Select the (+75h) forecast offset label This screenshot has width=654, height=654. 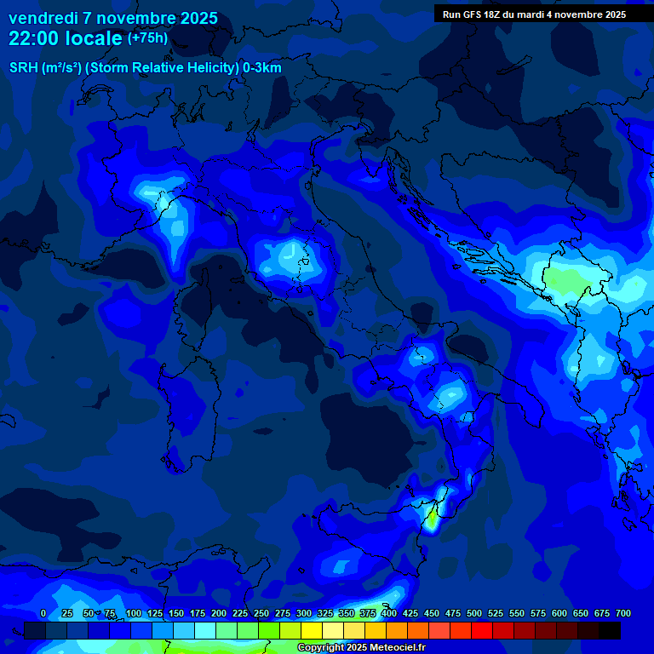[147, 38]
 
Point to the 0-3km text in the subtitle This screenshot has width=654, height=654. [262, 68]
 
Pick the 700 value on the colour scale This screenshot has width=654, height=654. [622, 613]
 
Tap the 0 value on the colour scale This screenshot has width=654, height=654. [43, 613]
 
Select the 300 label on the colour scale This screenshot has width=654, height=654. [304, 613]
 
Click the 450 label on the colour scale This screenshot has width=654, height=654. [432, 613]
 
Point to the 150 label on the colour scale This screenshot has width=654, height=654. [176, 613]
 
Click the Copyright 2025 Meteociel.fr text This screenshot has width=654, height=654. [360, 648]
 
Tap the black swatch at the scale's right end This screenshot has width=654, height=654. [610, 630]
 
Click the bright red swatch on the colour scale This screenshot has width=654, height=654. [482, 630]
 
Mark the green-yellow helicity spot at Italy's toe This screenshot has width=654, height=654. [433, 518]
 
